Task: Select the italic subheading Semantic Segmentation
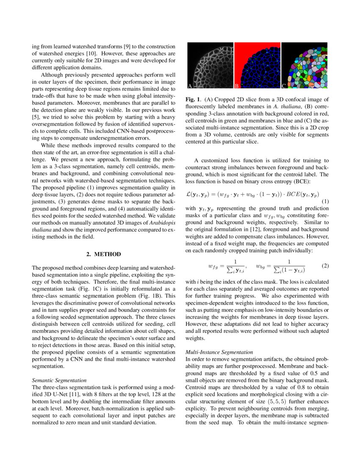click(x=59, y=380)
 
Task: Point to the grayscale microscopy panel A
click(x=210, y=66)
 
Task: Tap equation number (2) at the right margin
click(x=325, y=266)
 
